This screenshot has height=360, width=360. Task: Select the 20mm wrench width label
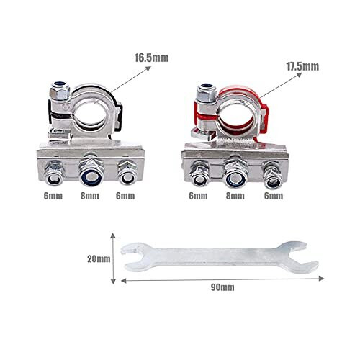pos(97,256)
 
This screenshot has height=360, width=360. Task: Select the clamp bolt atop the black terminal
pos(57,91)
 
